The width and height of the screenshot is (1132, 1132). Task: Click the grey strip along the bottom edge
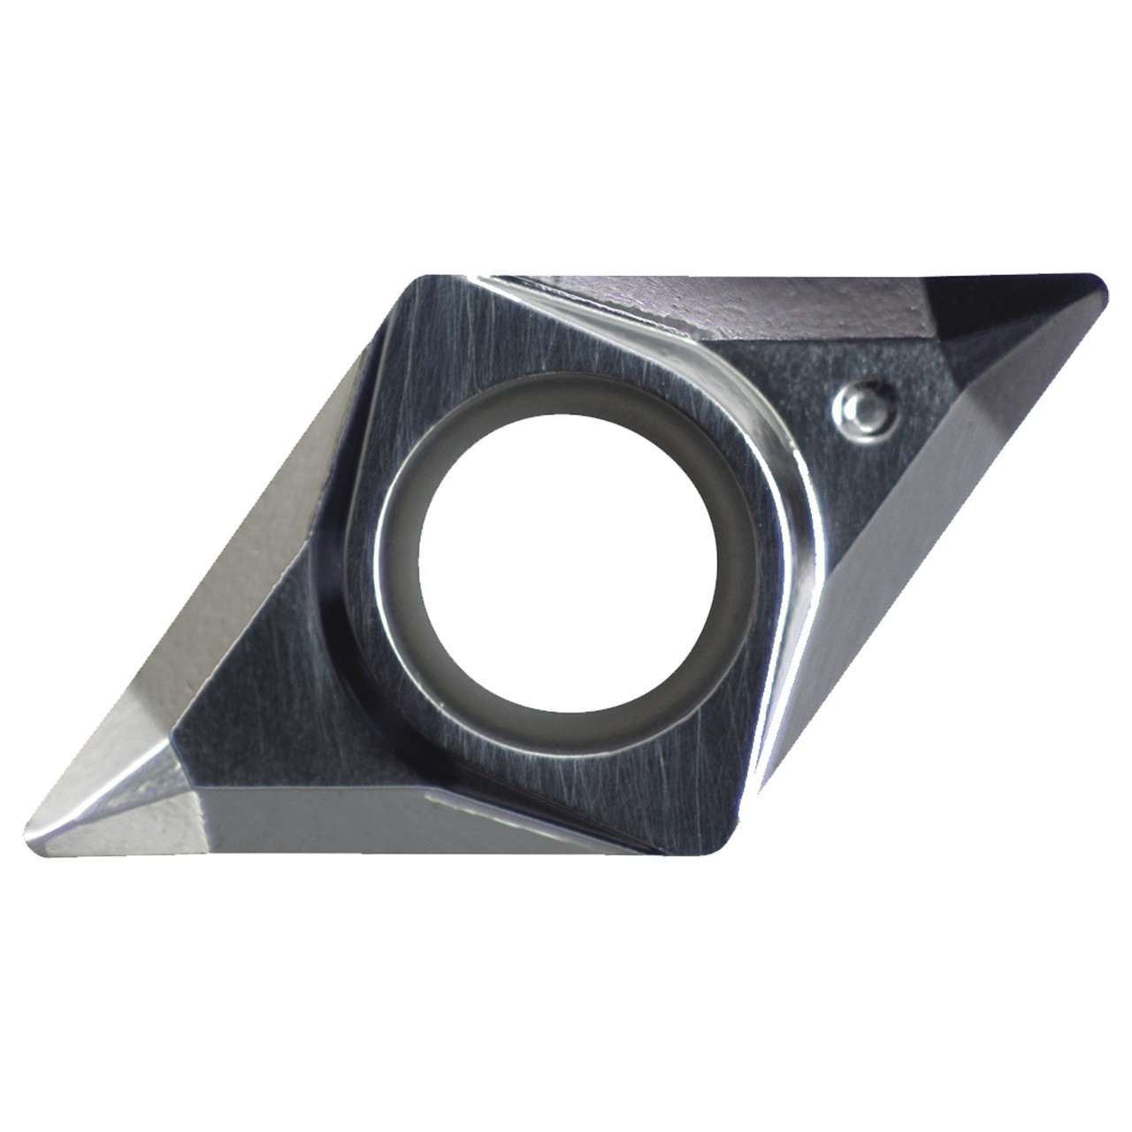[354, 822]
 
